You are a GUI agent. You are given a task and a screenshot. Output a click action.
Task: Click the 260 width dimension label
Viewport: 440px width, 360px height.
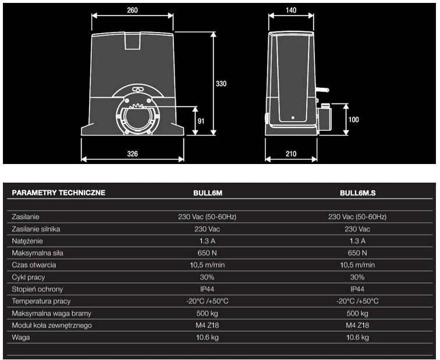132,10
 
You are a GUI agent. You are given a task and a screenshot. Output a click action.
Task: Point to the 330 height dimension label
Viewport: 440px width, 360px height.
221,84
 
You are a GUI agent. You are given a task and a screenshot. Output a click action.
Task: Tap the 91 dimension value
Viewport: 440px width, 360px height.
201,121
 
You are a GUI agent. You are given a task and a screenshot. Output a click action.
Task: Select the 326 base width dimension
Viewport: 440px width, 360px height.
133,154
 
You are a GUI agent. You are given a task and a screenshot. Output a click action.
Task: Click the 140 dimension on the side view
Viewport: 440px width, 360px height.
291,10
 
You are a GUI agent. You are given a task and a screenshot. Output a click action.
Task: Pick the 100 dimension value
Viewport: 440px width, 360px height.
354,120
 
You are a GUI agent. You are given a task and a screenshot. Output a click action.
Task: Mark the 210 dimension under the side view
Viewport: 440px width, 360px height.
291,154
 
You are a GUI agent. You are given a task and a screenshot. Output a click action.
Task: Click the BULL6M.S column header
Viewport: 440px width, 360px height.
357,193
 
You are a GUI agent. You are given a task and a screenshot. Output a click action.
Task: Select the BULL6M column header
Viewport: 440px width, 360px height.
208,193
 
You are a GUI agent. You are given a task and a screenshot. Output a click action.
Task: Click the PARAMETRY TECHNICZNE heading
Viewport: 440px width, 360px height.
59,193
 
